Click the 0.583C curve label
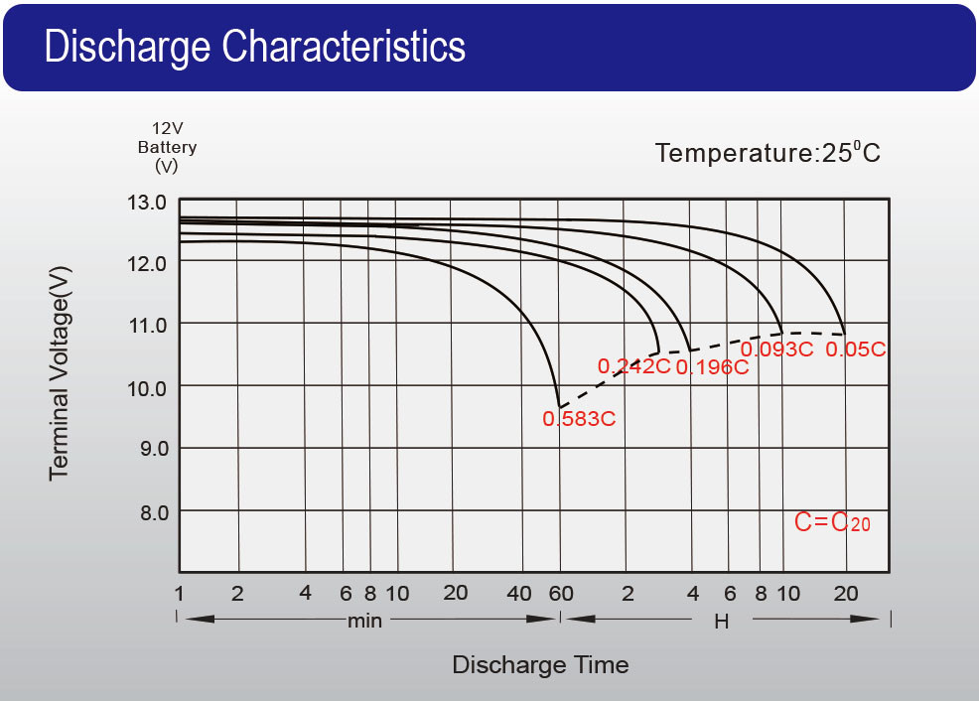tap(579, 419)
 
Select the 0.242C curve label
tap(633, 366)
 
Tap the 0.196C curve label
tap(711, 367)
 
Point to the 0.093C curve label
tap(776, 350)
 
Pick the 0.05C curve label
tap(855, 350)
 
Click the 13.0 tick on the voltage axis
tap(147, 203)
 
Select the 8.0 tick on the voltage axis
tap(147, 511)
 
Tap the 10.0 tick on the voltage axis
tap(147, 387)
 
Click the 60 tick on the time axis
tap(561, 594)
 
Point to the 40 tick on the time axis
tap(519, 594)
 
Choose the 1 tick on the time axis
tap(180, 594)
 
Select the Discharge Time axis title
tap(540, 664)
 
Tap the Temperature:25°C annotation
tap(768, 153)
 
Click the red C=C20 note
tap(832, 522)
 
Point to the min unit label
tap(364, 622)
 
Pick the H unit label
tap(722, 622)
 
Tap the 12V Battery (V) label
tap(167, 147)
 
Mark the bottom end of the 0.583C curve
tap(560, 407)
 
